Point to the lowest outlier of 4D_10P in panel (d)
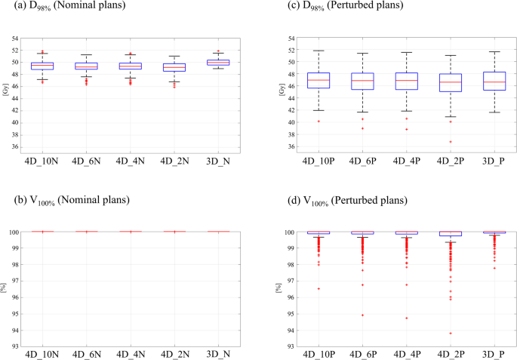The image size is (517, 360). click(319, 288)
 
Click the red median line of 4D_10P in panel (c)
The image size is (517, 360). click(319, 80)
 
